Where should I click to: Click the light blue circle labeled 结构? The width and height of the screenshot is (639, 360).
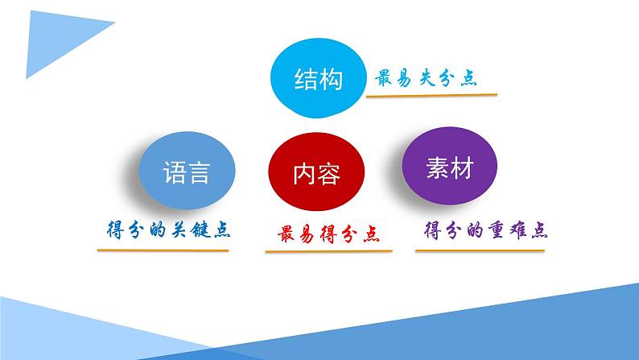click(x=319, y=81)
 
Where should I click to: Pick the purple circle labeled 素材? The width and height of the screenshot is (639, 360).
click(x=448, y=168)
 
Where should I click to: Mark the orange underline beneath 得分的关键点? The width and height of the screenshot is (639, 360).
click(x=163, y=249)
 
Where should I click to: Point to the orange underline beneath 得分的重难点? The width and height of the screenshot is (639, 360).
click(x=480, y=249)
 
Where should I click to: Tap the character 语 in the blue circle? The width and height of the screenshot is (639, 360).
click(x=174, y=172)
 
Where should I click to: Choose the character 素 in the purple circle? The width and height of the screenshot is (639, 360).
click(x=436, y=168)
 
